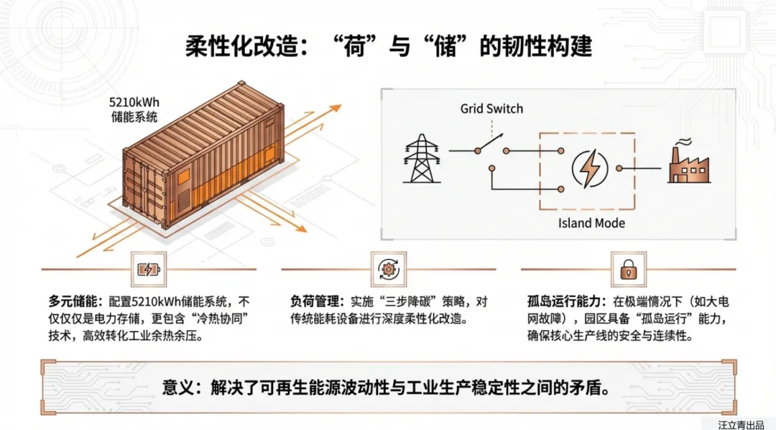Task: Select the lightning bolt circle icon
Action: click(x=588, y=169)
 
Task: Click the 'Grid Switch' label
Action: click(x=491, y=109)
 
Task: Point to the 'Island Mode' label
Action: click(x=591, y=223)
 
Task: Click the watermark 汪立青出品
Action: click(x=742, y=424)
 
